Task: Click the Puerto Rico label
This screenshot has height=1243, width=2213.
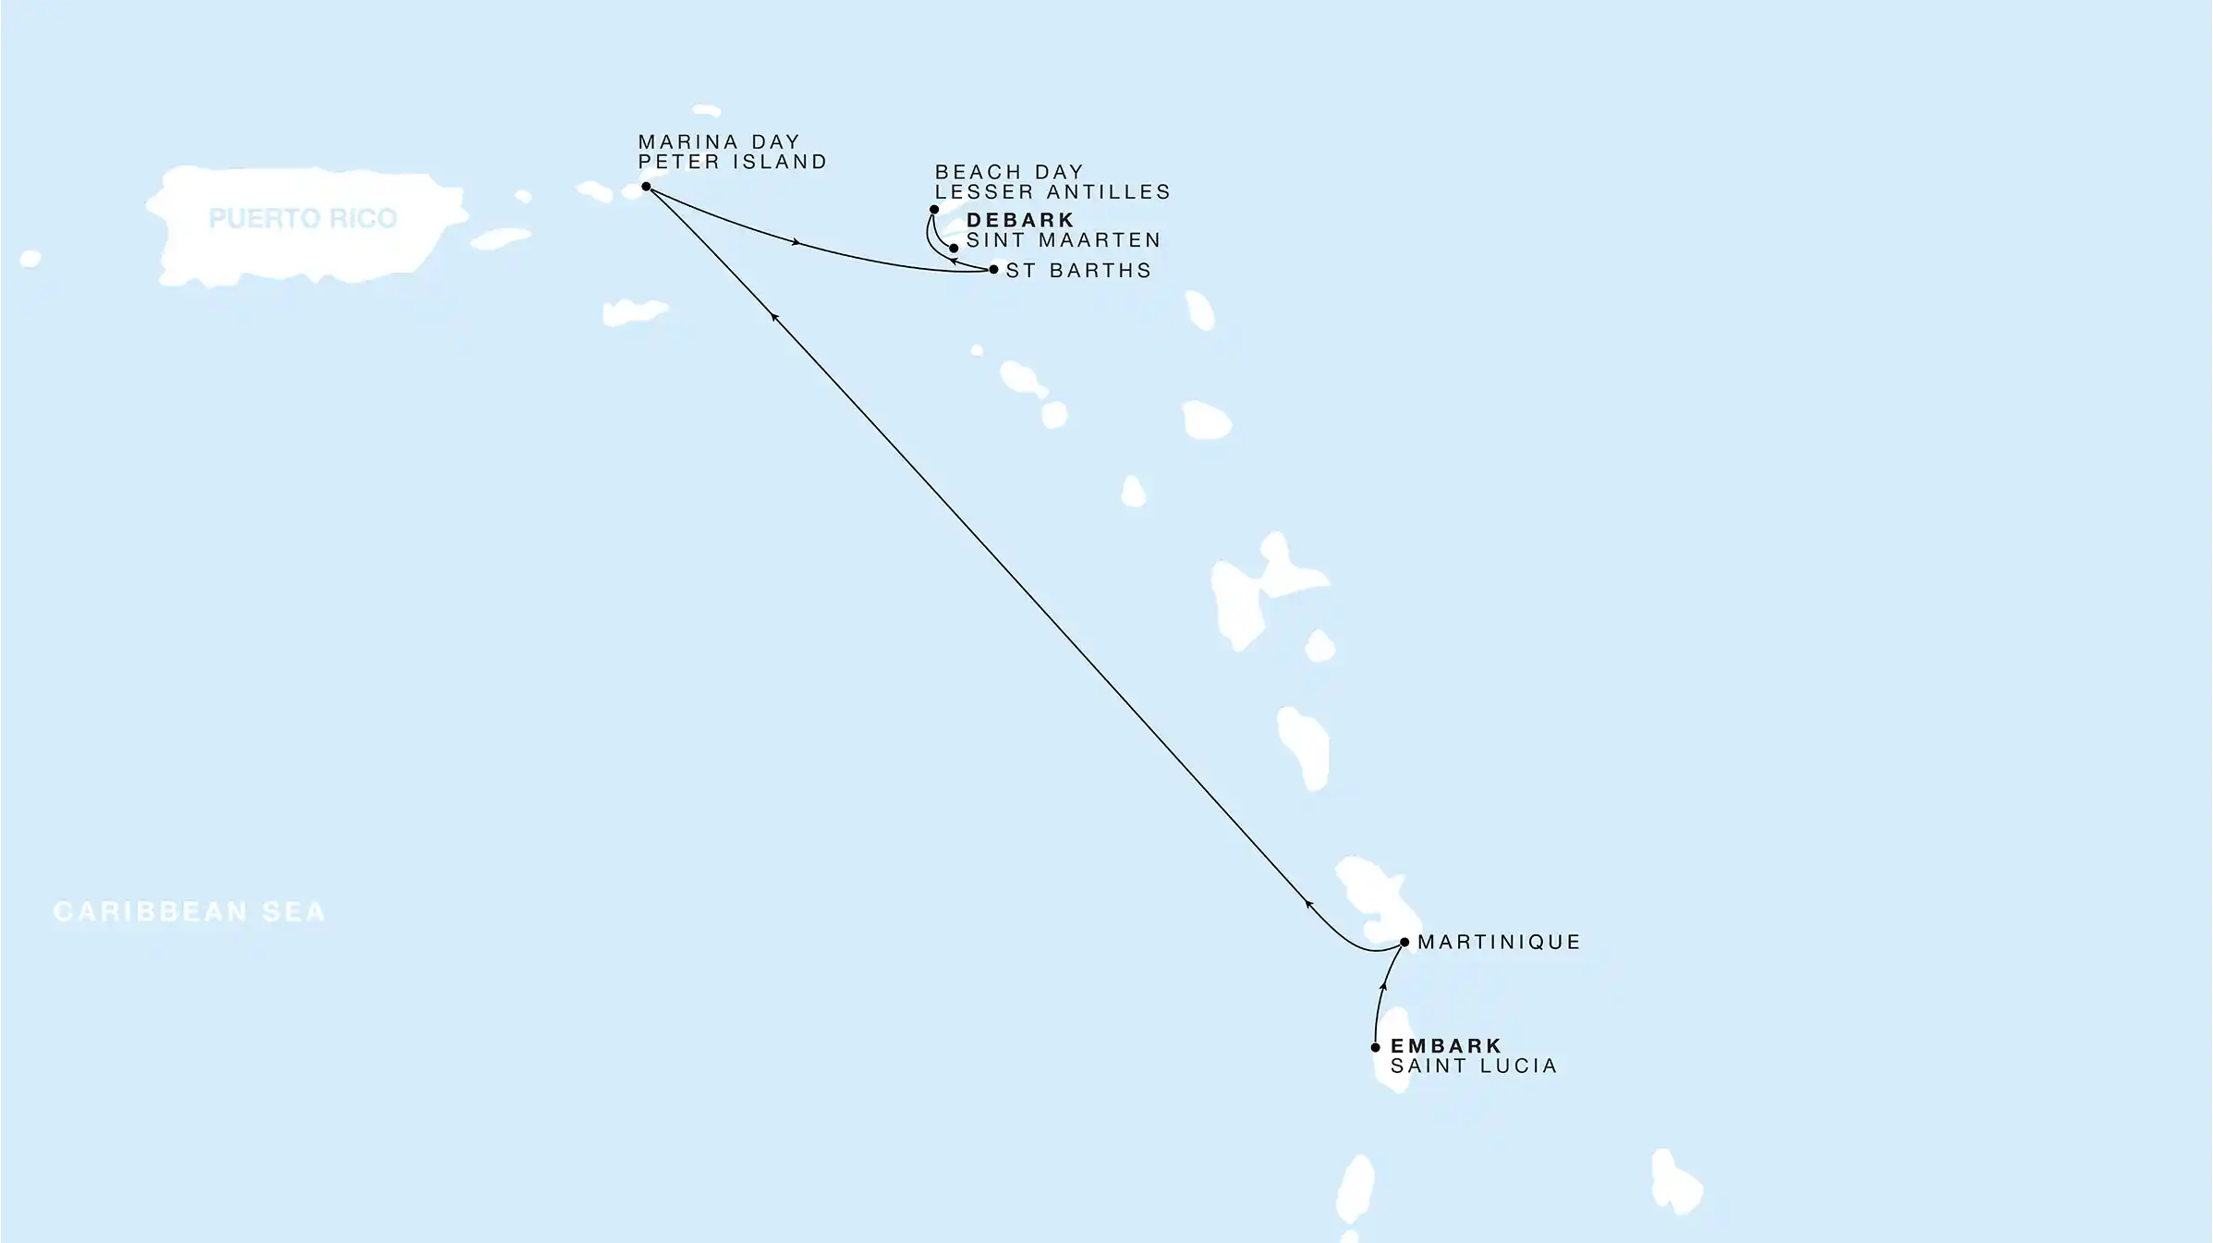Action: tap(302, 218)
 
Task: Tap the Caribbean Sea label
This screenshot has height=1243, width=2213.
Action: tap(189, 911)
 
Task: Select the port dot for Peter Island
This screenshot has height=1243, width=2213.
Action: tap(646, 187)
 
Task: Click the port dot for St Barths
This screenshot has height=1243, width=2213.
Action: tap(993, 270)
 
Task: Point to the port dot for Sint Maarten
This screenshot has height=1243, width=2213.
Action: tap(954, 248)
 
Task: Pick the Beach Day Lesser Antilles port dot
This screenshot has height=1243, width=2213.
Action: tap(934, 210)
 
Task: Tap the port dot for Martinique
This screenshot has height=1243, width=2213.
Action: tap(1404, 943)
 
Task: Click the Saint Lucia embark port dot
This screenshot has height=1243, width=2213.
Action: tap(1376, 1047)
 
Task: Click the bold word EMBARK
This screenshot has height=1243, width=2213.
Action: tap(1446, 1046)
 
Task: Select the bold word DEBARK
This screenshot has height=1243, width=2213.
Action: tap(1020, 220)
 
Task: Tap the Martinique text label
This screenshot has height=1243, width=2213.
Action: tap(1499, 942)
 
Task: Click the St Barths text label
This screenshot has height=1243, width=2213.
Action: tap(1078, 271)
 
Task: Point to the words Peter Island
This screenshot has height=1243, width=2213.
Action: tap(733, 162)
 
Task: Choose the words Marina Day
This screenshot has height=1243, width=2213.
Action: tap(719, 142)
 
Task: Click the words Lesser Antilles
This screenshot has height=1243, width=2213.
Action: tap(1052, 192)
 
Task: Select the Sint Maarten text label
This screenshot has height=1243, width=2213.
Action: tap(1064, 240)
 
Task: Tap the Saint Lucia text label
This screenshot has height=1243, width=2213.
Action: tap(1474, 1066)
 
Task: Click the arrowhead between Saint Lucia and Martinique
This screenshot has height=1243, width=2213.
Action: tap(1383, 987)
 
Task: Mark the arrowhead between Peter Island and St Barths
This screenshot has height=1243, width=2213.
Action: tap(796, 242)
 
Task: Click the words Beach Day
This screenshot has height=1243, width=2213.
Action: tap(1009, 173)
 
